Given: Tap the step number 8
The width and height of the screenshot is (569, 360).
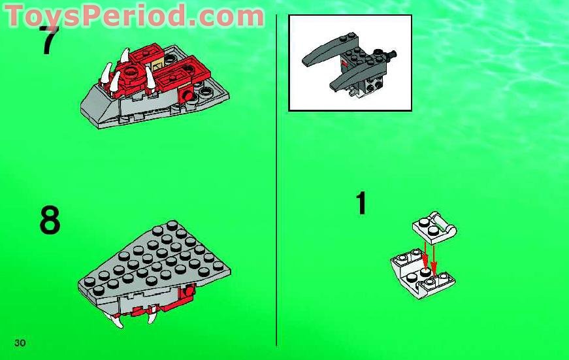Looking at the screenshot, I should pyautogui.click(x=50, y=221).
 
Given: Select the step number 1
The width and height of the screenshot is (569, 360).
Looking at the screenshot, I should pyautogui.click(x=361, y=203).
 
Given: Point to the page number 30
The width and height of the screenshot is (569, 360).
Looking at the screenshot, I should pyautogui.click(x=20, y=343).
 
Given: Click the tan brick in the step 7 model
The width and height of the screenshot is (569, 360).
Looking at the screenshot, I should pyautogui.click(x=157, y=65).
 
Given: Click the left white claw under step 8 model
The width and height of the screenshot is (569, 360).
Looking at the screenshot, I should pyautogui.click(x=118, y=319).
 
